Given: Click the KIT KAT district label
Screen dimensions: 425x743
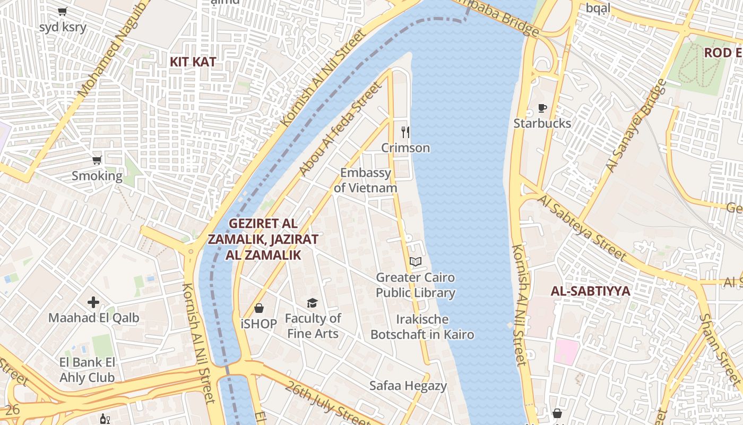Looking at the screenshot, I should pyautogui.click(x=193, y=62).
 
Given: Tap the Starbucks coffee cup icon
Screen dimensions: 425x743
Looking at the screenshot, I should pyautogui.click(x=542, y=108).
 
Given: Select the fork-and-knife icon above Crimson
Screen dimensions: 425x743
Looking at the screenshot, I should pyautogui.click(x=405, y=132).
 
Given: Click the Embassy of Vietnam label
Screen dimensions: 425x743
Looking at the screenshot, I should pyautogui.click(x=366, y=180).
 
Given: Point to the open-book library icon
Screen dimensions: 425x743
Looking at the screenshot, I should pyautogui.click(x=416, y=262).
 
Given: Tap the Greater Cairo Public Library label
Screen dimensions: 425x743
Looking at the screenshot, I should pyautogui.click(x=416, y=285).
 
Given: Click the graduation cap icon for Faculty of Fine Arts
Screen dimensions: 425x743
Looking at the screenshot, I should pyautogui.click(x=312, y=303).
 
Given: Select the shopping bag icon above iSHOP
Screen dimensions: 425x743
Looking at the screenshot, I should pyautogui.click(x=259, y=308).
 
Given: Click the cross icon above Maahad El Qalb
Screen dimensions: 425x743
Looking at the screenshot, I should pyautogui.click(x=93, y=303).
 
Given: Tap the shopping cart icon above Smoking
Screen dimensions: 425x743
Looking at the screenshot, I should pyautogui.click(x=97, y=160).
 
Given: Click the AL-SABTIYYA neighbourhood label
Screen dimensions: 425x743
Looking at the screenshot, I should pyautogui.click(x=590, y=291).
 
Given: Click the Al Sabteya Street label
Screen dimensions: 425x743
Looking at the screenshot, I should pyautogui.click(x=582, y=227).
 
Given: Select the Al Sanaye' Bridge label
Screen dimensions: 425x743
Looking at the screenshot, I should pyautogui.click(x=636, y=125).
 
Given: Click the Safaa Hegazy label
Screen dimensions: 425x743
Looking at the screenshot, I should pyautogui.click(x=408, y=386).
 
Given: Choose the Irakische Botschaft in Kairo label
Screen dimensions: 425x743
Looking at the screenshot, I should pyautogui.click(x=422, y=327).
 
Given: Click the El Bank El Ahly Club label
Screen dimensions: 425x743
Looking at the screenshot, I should pyautogui.click(x=87, y=370).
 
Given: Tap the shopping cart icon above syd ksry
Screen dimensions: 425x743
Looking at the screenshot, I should pyautogui.click(x=62, y=11).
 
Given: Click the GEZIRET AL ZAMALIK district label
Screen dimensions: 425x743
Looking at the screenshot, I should pyautogui.click(x=263, y=239).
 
